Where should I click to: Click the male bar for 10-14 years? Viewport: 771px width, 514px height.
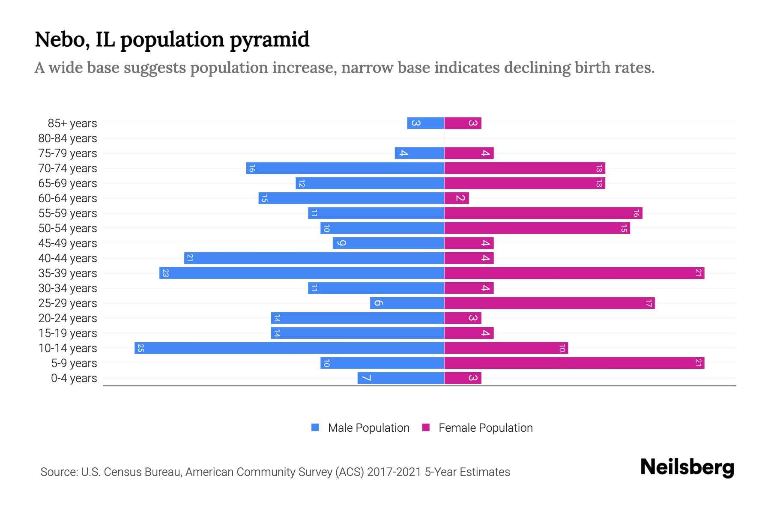coord(289,348)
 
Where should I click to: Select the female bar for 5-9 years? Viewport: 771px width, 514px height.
coord(574,363)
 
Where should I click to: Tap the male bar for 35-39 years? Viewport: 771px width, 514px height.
coord(302,273)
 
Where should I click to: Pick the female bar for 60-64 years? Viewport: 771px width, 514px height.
coord(457,198)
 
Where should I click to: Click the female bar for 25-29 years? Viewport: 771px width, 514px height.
coord(549,303)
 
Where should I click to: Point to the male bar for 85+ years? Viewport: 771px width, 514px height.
coord(425,123)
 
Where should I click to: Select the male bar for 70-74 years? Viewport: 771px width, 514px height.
coord(345,168)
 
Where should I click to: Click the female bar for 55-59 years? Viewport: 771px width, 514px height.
coord(543,213)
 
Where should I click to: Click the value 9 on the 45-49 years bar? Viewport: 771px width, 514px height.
coord(341,243)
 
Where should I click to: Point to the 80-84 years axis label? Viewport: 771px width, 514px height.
coord(68,138)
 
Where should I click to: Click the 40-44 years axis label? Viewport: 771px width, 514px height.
coord(68,258)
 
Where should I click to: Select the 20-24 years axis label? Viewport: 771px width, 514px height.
coord(68,318)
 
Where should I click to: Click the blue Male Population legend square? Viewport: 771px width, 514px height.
coord(315,427)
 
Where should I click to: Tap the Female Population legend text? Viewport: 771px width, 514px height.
coord(485,427)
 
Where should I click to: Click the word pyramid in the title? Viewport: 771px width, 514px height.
coord(269,39)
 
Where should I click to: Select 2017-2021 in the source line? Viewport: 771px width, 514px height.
coord(394,472)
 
